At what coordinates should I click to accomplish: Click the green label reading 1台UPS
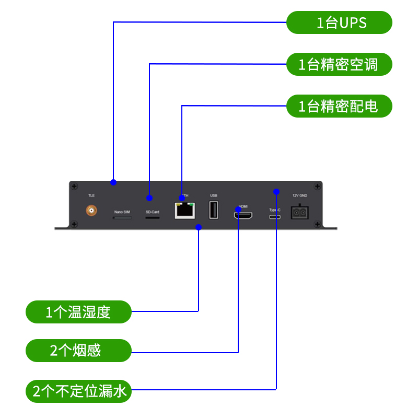point(339,22)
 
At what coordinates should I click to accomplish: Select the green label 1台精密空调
point(339,64)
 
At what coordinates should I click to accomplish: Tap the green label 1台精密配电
point(339,106)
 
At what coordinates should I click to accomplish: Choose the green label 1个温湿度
point(78,312)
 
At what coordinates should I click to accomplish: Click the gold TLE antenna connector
point(91,211)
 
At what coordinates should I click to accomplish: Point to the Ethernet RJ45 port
point(184,210)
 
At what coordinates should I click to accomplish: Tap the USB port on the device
point(213,210)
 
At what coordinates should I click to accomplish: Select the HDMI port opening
point(243,215)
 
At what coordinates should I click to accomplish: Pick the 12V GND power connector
point(299,211)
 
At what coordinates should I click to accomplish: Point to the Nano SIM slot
point(122,217)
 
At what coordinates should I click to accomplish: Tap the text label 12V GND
point(299,195)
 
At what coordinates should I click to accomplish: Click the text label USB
point(213,195)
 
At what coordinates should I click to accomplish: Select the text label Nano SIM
point(122,212)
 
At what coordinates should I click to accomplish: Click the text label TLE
point(91,195)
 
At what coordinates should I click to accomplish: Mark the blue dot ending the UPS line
point(113,182)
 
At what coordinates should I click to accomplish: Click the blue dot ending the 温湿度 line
point(199,227)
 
